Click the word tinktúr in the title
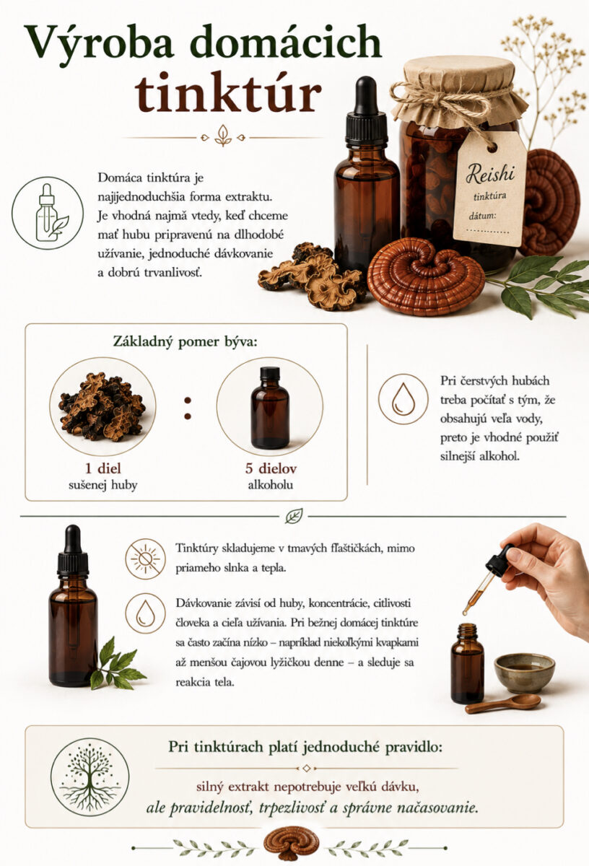228,92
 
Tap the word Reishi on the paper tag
490,174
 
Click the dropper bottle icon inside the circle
48,213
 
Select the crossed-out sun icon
145,559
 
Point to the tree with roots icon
90,777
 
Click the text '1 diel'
103,468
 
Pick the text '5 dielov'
271,468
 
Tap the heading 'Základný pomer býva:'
186,342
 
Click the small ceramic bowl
525,673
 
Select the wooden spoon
503,703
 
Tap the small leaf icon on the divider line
294,516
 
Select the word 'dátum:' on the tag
482,216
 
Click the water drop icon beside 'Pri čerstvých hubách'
403,399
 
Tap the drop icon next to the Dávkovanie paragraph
145,613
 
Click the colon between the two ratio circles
188,408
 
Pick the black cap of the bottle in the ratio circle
270,372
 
